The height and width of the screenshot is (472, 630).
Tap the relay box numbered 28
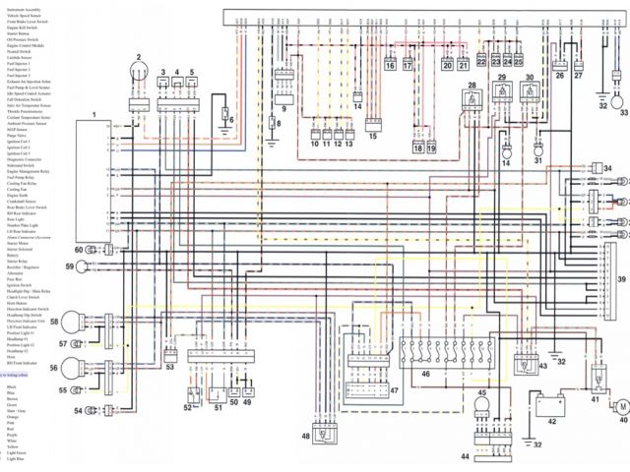tap(472, 105)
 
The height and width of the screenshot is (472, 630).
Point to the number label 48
tap(306, 437)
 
